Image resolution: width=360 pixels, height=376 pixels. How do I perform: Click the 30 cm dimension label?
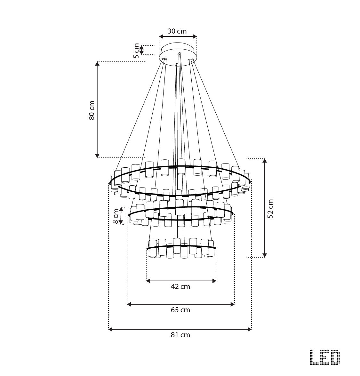tap(177, 31)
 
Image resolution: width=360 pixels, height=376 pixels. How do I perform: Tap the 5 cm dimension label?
tap(137, 50)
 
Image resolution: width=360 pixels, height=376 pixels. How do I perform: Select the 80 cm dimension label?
tap(92, 110)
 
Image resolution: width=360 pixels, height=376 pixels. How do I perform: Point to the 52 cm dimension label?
tap(270, 208)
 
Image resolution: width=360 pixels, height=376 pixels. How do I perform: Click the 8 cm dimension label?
tap(116, 217)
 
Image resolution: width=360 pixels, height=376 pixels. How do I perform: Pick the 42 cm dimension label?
tap(180, 286)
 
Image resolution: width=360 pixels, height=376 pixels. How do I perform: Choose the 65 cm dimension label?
tap(180, 310)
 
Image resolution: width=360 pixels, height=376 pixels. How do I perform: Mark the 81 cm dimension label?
tap(180, 335)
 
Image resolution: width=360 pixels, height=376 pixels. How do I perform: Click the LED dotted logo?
tap(325, 357)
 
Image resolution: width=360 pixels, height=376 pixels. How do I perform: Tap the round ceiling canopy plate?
tap(178, 54)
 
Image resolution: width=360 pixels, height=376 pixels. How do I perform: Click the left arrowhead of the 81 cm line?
tap(111, 329)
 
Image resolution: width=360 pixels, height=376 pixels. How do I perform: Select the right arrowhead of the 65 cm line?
tap(233, 304)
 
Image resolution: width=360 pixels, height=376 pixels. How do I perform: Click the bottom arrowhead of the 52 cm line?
tap(265, 255)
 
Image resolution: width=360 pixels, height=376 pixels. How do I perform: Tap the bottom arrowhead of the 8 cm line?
tap(121, 222)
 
